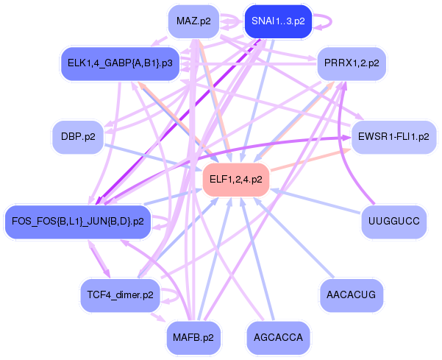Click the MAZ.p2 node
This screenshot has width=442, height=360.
click(194, 21)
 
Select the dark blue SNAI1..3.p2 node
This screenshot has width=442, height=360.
click(277, 21)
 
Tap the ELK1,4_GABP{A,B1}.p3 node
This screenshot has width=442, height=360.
click(119, 63)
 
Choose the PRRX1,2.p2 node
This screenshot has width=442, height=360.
click(352, 63)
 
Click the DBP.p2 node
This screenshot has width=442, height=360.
click(77, 137)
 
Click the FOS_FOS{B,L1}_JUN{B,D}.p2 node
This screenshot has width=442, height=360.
click(78, 221)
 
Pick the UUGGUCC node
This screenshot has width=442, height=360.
click(393, 221)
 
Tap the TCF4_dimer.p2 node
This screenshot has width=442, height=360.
click(118, 294)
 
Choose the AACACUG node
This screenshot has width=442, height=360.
click(351, 294)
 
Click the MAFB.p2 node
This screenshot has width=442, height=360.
click(193, 337)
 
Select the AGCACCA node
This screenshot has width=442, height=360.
click(277, 337)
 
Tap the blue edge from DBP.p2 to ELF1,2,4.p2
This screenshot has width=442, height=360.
click(154, 158)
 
